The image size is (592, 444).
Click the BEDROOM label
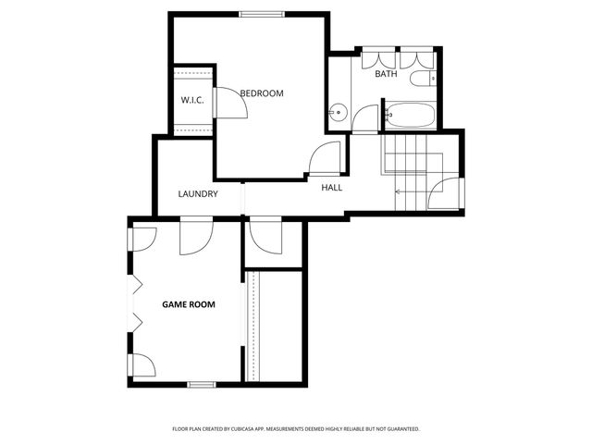coord(262,93)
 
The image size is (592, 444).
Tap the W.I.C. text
coord(191,100)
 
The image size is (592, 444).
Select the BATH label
coord(386,74)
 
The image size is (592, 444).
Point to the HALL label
coord(331,188)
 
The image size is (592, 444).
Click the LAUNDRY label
coord(198,194)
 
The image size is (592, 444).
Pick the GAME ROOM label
coord(189,303)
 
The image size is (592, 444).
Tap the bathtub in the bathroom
coord(408,116)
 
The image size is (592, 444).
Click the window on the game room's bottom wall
coord(202,383)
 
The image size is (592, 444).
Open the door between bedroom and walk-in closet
coord(230,103)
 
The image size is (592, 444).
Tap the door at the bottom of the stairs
coord(446,193)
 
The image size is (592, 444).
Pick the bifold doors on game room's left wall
coord(136,303)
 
